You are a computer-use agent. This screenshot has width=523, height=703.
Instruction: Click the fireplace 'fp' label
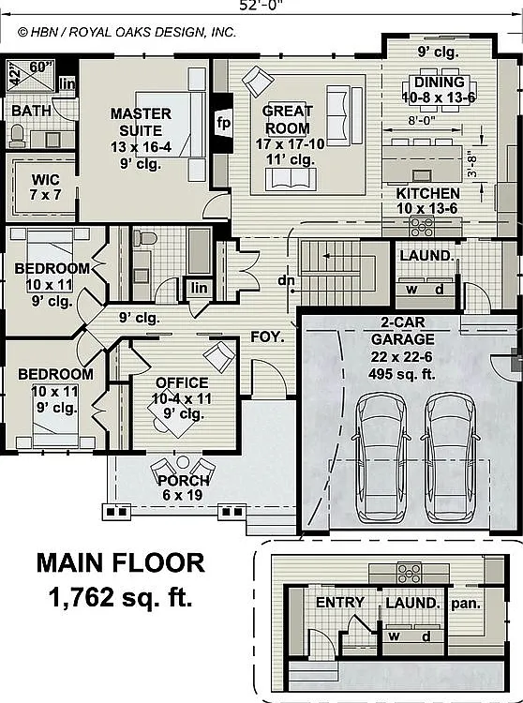coord(223,122)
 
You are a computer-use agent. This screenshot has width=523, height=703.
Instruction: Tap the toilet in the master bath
coord(17,136)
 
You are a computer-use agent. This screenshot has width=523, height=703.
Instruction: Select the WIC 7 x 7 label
coord(46,187)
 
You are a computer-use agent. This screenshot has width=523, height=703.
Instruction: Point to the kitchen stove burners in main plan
coord(422,226)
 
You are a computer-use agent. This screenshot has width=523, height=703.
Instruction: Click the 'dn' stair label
coord(286,280)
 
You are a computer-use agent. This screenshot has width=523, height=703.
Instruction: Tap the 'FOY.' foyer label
coord(267,337)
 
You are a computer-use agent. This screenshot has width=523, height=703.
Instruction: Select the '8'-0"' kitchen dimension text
coord(422,120)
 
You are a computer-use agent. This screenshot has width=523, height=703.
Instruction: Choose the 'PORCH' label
coord(184,481)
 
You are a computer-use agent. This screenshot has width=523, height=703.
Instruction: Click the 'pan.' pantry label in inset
coord(466,604)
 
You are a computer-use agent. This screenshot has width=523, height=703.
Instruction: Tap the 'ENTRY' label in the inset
coord(339,602)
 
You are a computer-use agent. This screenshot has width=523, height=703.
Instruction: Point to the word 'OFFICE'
coord(182,382)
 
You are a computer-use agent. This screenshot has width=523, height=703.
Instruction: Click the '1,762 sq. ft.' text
coord(121,597)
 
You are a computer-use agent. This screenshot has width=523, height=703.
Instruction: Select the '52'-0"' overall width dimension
coord(261,6)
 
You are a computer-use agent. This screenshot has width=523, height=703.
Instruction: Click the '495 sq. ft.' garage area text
coord(402,374)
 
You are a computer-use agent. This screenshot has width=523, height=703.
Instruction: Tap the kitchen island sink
coord(420,174)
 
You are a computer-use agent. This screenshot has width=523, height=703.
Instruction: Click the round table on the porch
coord(183,462)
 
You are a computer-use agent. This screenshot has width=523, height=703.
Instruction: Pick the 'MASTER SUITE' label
coord(141,122)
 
